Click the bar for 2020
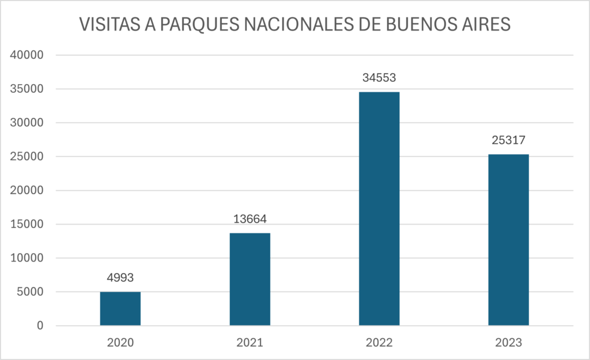coord(120,309)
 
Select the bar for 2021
coord(249,279)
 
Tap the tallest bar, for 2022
coord(379,209)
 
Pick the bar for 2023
coord(508,240)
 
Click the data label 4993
coord(120,278)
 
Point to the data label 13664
coord(249,219)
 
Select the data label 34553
coord(379,78)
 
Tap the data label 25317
coord(508,140)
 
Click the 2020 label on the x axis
coord(120,343)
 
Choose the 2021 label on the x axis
coord(249,343)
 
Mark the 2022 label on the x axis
coord(379,343)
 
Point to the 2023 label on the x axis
coord(508,343)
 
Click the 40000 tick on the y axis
coord(28,55)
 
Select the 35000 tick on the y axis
coord(28,89)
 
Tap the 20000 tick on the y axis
coord(28,191)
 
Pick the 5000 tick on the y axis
coord(31,292)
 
